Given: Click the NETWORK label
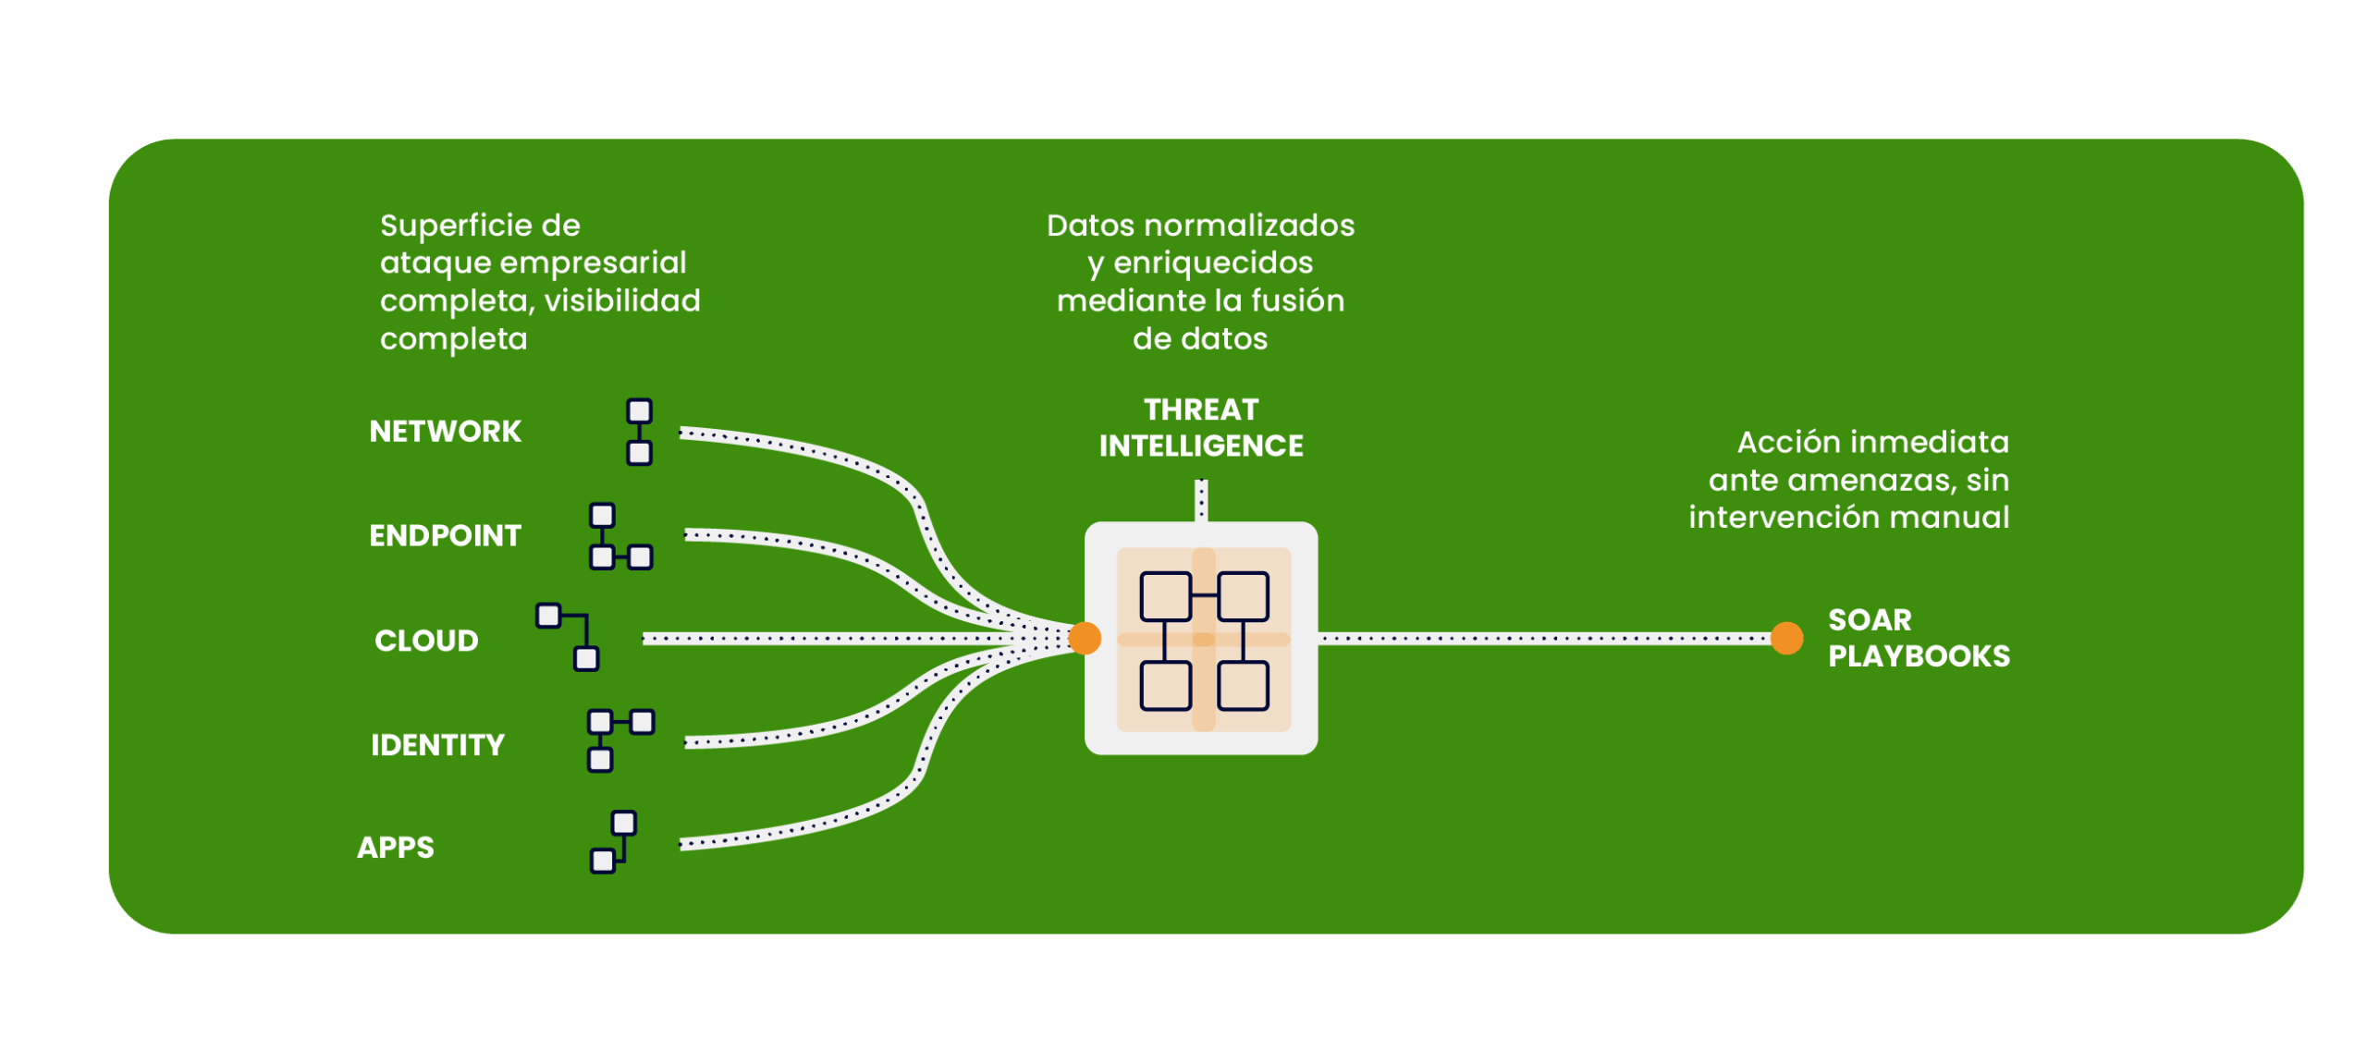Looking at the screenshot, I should pos(445,432).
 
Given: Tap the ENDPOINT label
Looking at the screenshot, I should pos(445,536).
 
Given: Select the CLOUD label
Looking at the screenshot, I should pos(426,641).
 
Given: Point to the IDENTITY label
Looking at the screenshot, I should pos(437,745).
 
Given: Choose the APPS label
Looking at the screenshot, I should pos(395,848).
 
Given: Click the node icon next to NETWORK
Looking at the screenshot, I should pos(639,432).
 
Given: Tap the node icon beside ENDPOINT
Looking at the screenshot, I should pos(620,537).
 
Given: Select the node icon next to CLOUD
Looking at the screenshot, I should pos(568,637).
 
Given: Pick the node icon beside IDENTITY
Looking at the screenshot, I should pos(620,739).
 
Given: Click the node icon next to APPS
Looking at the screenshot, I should pos(613,842).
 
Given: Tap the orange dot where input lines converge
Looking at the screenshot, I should pos(1085,638).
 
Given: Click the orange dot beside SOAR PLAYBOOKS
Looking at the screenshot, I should pos(1786,638).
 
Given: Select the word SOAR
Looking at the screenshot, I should pos(1869,620).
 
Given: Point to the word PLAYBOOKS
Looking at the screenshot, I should pos(1919,656).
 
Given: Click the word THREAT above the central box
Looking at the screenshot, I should pos(1201,409).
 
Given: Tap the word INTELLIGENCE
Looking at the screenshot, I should pos(1201,446).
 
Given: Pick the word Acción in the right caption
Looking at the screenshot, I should pos(1775,443).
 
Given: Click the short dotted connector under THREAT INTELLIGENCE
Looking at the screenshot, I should pos(1201,500).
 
